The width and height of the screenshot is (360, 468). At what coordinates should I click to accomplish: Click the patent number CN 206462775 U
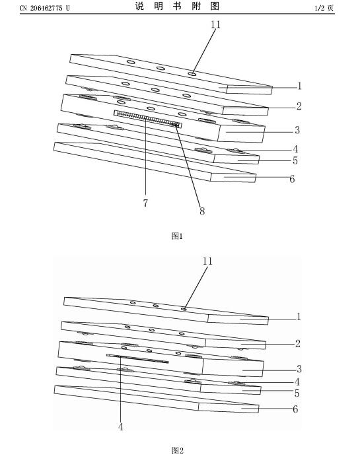point(44,8)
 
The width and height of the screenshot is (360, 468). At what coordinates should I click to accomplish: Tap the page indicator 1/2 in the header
point(319,8)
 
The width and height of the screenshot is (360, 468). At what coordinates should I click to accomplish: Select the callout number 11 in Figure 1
point(215,24)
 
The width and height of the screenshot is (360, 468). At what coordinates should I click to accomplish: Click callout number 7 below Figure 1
point(145,203)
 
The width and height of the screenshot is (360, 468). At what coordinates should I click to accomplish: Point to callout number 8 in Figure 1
point(202,211)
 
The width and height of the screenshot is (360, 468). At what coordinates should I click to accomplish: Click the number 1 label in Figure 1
point(299,86)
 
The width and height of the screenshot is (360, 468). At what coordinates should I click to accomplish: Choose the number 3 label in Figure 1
point(297,130)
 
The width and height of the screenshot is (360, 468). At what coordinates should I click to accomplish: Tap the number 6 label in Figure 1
point(292,179)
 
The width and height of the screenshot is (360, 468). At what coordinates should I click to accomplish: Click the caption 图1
point(177,236)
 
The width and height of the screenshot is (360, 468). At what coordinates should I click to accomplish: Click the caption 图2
point(177,450)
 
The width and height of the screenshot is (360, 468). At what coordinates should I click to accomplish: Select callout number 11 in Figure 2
point(207,261)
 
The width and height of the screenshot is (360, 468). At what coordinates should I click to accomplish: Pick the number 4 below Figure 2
point(120,427)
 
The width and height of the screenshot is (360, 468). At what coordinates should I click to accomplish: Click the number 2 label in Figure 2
point(297,343)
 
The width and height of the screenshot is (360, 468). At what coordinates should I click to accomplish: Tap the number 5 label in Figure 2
point(297,393)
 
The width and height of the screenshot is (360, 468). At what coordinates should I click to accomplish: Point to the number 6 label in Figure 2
point(295,409)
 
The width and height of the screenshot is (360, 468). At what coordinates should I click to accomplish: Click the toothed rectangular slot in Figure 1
point(147,119)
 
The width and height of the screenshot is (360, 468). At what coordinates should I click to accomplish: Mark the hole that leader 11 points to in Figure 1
point(192,73)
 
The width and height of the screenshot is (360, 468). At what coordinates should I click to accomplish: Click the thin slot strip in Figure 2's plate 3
point(137,358)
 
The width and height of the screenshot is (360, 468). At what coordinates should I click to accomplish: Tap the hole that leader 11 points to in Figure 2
point(184,310)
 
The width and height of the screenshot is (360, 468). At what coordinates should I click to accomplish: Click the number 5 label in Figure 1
point(295,160)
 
